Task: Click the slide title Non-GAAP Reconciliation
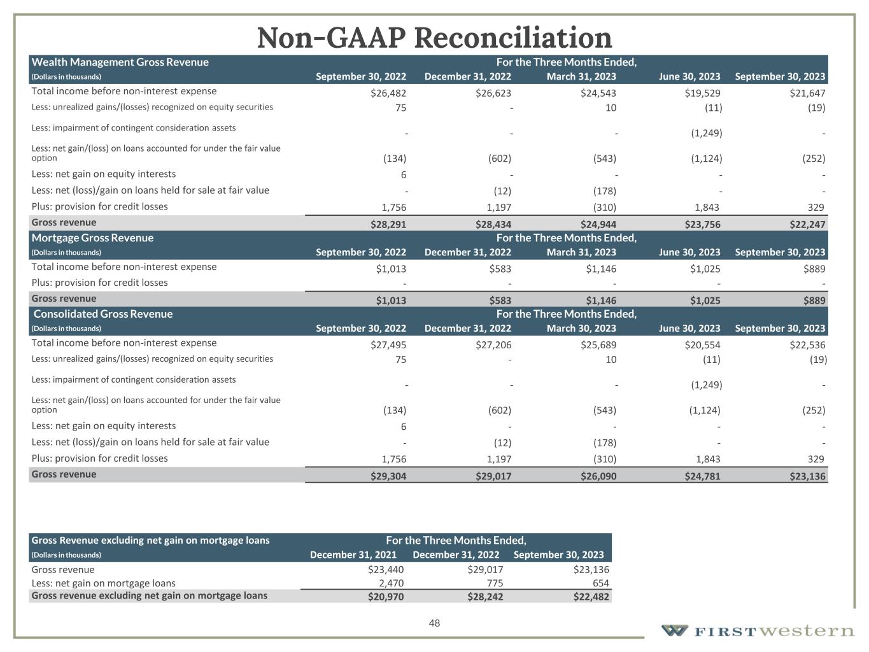pos(434,38)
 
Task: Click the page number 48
pos(434,623)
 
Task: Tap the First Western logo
pos(758,630)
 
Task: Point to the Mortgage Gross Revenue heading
pos(92,238)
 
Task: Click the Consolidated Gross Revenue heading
pos(102,314)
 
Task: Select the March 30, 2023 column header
pos(581,329)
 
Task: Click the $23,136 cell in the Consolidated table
pos(807,476)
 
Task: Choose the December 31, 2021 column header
pos(353,555)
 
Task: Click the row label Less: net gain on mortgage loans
pos(103,583)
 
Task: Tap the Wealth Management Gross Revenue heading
pos(120,62)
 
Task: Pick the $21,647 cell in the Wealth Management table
pos(807,93)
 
